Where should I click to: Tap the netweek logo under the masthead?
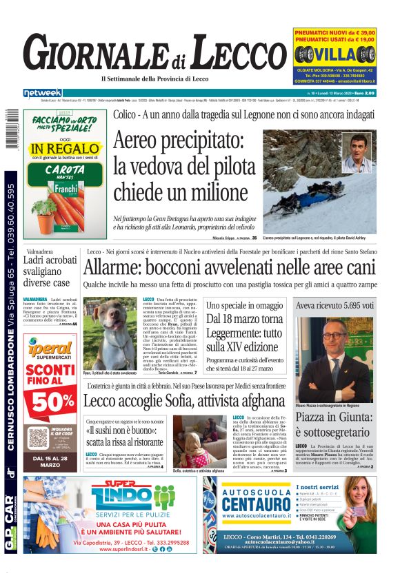(42, 93)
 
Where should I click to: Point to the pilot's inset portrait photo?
(357, 153)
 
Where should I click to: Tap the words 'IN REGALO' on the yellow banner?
(64, 148)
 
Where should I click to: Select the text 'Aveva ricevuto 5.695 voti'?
(334, 304)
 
